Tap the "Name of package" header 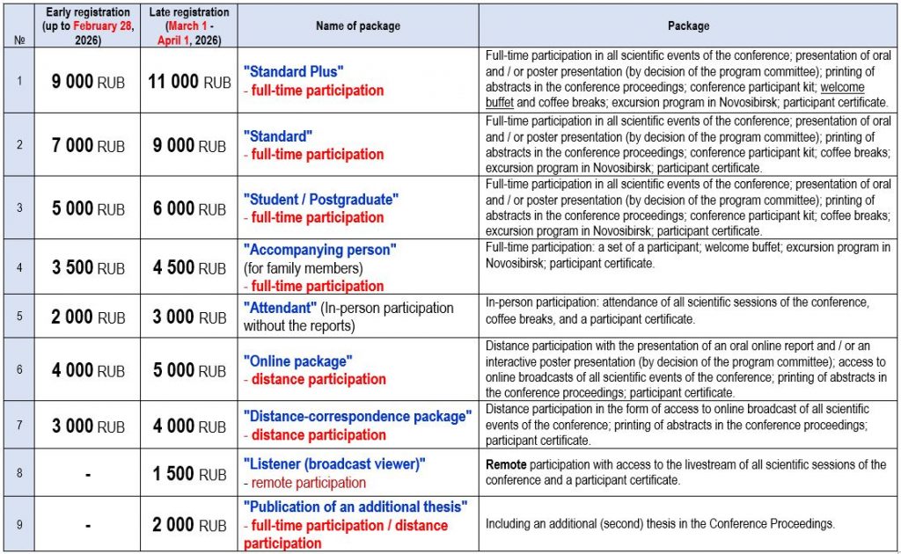tap(359, 26)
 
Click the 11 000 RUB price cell tap(189, 82)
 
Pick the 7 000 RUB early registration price tap(88, 146)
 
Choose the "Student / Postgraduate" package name tap(321, 200)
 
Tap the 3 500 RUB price tap(88, 268)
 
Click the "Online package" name tap(298, 361)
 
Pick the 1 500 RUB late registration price tap(189, 474)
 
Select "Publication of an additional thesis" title tap(355, 507)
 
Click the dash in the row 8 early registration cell tap(88, 474)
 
